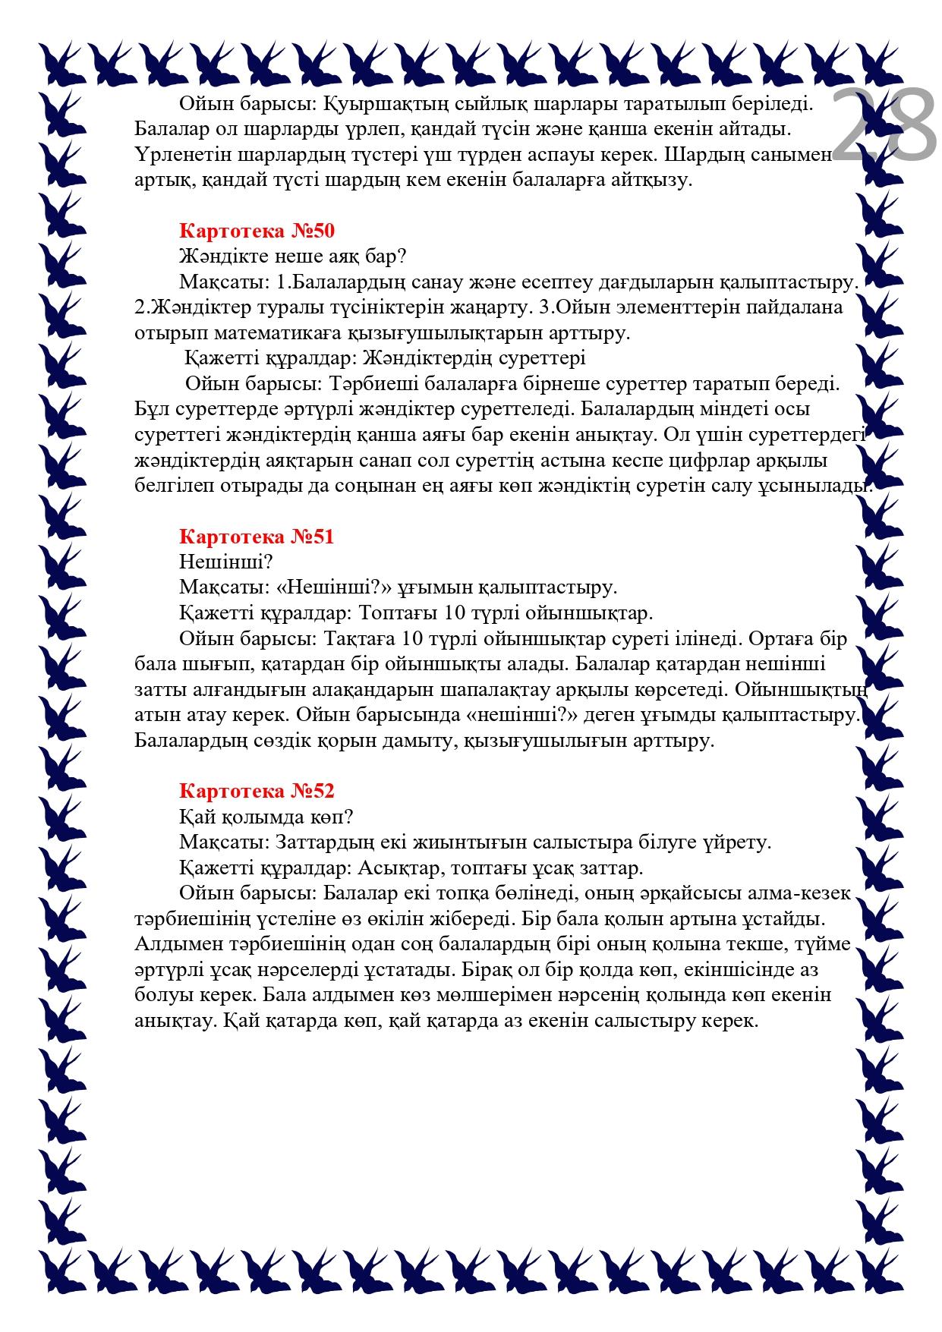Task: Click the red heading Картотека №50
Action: tap(257, 231)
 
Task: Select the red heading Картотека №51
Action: tap(257, 537)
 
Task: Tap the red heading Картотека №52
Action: tap(257, 791)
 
